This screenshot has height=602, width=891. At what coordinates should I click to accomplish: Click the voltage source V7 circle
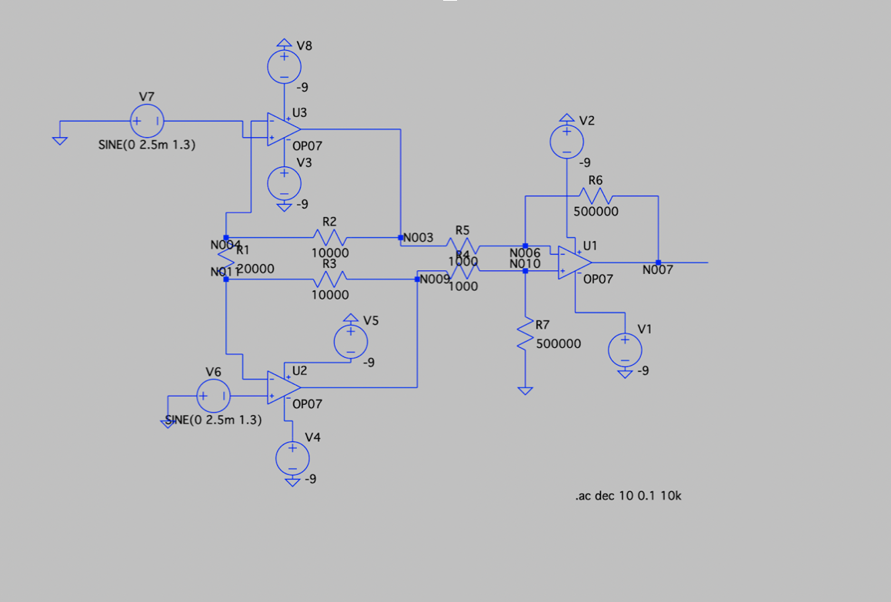147,121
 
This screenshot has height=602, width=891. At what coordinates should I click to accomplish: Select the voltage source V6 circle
213,396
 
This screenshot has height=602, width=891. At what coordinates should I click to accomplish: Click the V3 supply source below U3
285,183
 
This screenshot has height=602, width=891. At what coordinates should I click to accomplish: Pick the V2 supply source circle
567,142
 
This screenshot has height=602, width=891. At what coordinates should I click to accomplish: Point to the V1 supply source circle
625,350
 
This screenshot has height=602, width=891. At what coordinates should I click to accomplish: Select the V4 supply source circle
292,458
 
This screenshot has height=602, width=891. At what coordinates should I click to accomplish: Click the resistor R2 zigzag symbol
329,237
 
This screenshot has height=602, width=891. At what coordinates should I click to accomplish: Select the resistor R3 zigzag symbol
329,279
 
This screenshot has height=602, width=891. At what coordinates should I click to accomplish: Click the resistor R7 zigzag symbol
526,335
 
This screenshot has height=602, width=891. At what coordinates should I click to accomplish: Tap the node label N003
419,238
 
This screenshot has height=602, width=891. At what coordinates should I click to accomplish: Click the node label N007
658,270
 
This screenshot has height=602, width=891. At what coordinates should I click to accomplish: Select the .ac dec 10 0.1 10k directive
628,496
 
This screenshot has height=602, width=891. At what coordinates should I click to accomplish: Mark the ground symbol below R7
526,390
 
